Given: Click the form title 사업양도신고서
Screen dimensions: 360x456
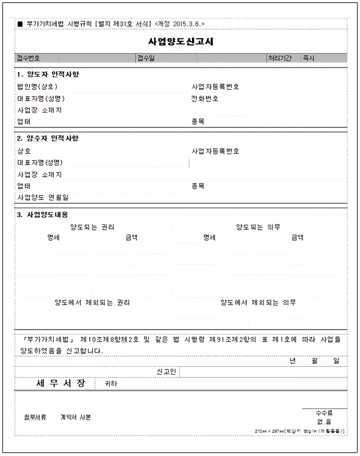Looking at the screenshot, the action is pos(180,42).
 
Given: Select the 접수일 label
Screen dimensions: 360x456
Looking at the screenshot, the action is pos(146,58).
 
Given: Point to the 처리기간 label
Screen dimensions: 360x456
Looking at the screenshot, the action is pos(280,58).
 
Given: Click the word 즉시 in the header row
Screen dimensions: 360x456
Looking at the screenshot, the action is pos(309,58).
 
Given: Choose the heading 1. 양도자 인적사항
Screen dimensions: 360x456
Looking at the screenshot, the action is pos(48,75).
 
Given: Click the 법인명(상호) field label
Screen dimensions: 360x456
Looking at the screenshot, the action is pos(38,86).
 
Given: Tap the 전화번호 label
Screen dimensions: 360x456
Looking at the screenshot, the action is pos(205,98).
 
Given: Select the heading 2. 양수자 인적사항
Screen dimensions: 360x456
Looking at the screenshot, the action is pos(48,139).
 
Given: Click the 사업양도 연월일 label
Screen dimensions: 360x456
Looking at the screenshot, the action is pos(43,197).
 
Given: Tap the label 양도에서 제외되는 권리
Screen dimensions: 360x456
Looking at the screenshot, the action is pos(92,302).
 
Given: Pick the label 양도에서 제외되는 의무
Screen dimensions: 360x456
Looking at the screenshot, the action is pos(258,302).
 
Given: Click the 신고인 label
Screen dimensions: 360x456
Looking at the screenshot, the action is pos(166,372).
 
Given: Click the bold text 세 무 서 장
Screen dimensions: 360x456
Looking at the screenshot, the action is pos(57,383).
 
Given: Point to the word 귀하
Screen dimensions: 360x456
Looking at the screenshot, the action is pos(111,384).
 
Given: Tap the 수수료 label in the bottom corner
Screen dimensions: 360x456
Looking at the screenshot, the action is pos(324,413).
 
